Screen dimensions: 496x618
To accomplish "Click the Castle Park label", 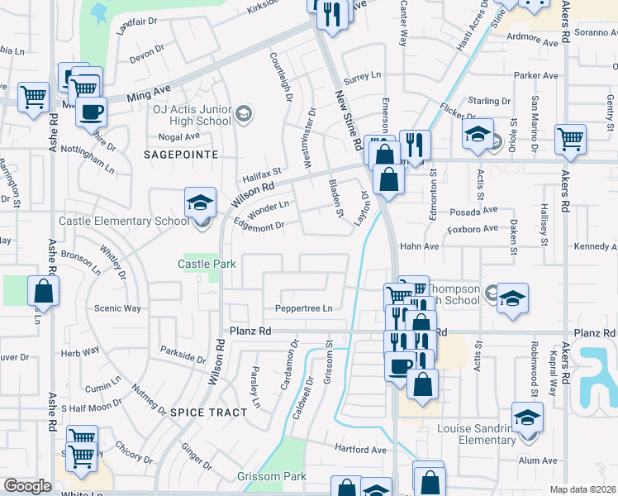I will [x=207, y=264].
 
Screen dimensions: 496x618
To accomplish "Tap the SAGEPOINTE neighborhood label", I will [x=181, y=155].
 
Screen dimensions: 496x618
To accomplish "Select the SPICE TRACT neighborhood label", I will [x=208, y=412].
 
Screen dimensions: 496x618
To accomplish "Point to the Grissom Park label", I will [x=272, y=476].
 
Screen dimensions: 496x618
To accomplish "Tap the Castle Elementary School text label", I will [x=124, y=222].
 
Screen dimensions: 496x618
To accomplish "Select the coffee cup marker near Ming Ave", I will [x=91, y=111].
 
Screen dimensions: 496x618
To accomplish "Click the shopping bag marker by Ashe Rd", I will [x=43, y=291].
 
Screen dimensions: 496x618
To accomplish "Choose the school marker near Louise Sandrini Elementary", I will [x=526, y=417].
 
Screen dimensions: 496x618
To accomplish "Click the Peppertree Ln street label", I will [x=304, y=309].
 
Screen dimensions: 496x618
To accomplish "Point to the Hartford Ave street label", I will [x=360, y=450].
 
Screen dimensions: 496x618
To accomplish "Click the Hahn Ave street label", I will [x=419, y=246].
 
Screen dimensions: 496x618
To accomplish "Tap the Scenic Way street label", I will [x=118, y=308].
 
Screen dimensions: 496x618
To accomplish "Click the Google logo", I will [x=27, y=486].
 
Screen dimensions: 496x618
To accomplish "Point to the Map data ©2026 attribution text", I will [x=583, y=489].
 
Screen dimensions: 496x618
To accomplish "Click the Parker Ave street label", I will [x=536, y=75].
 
